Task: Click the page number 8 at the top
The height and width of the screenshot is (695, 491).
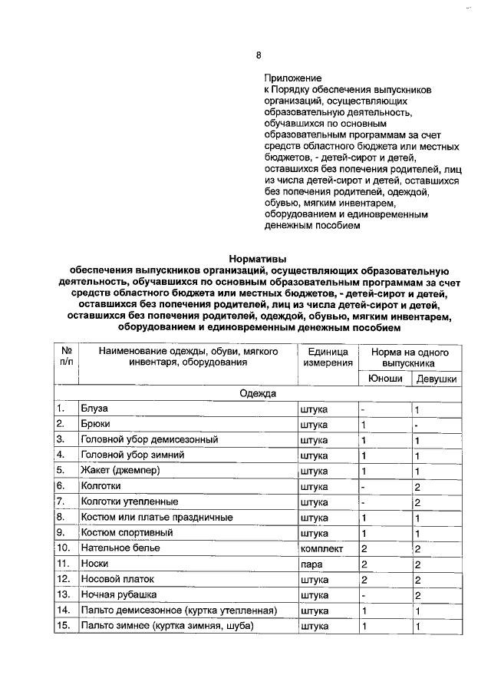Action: (259, 55)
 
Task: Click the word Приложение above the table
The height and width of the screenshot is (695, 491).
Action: (289, 78)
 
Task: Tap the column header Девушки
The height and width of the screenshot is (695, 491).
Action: (437, 379)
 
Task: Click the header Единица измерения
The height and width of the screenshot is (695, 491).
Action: (328, 356)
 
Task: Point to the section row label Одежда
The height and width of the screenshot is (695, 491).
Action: (258, 393)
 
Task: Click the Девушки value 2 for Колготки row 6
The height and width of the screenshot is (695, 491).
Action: (417, 486)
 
